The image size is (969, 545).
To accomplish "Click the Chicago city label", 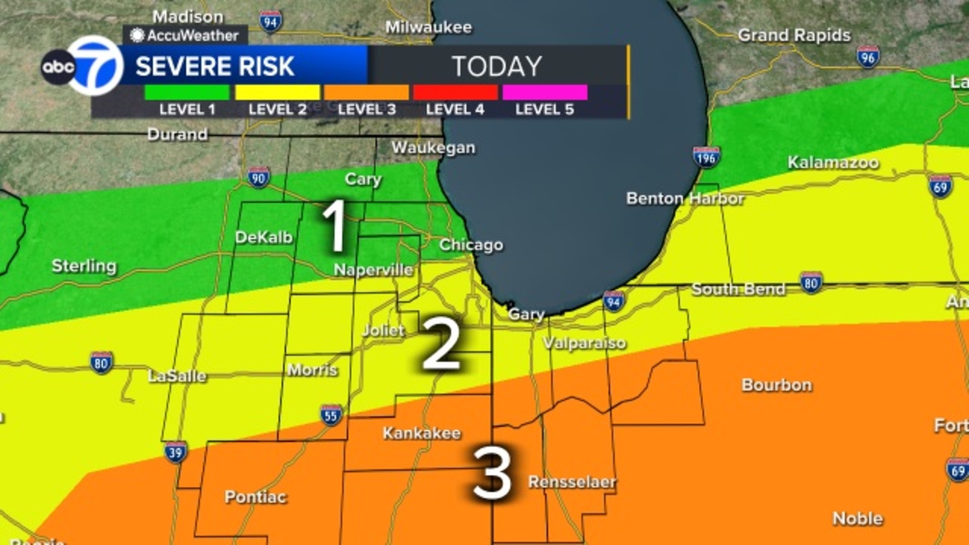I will coord(471,245).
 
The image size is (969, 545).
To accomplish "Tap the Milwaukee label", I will coord(428,27).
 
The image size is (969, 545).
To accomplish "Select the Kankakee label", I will coord(422,433).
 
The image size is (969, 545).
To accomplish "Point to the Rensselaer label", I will coord(572,482).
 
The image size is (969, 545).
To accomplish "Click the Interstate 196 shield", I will coord(706,157).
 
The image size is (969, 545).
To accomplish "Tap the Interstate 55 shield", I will coord(331,415).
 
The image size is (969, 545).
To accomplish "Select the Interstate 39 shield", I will coord(175,452).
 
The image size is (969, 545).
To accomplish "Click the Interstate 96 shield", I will coord(868,56).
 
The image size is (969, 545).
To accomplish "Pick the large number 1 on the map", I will coord(334,226).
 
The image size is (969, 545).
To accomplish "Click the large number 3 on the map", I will coord(492,474).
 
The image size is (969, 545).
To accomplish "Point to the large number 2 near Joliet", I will coord(441,344).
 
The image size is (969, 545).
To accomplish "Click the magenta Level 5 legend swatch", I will coord(544,93).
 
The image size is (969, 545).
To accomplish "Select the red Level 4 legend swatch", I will coord(455,93).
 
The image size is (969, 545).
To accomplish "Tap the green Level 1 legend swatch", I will coord(187,93).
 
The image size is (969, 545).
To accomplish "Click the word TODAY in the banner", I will coord(497,66).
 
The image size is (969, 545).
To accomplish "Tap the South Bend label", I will coord(738,289).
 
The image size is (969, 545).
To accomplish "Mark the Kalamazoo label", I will coord(833,162).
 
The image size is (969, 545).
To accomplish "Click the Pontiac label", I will coord(255,497).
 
